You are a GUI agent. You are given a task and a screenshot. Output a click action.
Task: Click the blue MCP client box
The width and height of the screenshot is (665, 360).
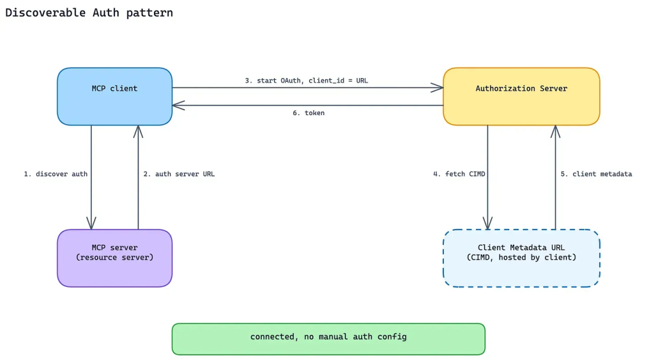[x=115, y=96]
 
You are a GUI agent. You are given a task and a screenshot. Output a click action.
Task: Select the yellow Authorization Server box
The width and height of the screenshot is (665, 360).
[x=522, y=96]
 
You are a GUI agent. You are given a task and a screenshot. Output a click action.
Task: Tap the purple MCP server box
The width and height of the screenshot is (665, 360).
[x=115, y=258]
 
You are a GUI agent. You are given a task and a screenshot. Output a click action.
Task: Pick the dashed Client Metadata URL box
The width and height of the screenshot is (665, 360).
[x=522, y=258]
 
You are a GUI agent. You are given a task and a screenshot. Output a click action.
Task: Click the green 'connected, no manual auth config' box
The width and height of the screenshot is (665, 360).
[x=328, y=339]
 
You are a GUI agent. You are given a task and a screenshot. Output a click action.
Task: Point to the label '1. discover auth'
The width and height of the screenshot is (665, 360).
[x=55, y=174]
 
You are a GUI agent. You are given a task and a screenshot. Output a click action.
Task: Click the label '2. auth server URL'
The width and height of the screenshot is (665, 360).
[x=179, y=174]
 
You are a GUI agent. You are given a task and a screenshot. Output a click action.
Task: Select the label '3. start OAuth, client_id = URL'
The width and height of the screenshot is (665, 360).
[x=306, y=81]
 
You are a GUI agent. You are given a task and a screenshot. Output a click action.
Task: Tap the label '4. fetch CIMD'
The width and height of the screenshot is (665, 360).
[x=459, y=174]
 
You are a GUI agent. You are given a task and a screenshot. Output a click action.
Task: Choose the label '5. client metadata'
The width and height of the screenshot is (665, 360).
[x=596, y=174]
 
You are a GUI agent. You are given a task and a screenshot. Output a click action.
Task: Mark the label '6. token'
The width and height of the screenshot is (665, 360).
[x=308, y=113]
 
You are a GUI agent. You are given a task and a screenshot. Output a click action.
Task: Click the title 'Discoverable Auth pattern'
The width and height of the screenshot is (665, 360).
[x=89, y=13]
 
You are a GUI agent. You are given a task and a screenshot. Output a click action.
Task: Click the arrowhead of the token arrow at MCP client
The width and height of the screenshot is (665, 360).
[x=178, y=105]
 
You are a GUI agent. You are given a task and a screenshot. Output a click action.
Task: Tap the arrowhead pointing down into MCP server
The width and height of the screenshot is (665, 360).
[x=91, y=223]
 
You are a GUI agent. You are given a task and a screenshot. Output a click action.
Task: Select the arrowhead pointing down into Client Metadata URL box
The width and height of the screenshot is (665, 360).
[x=488, y=223]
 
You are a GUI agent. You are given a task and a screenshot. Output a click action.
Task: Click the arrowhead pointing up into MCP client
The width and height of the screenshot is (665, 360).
[x=138, y=132]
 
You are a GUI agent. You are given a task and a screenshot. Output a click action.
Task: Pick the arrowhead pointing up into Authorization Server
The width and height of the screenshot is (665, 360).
[x=555, y=132]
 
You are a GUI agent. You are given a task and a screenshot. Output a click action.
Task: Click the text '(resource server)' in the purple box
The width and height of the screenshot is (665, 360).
[x=115, y=257]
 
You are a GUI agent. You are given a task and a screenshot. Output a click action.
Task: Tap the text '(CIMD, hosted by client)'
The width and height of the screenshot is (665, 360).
[x=522, y=257]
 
